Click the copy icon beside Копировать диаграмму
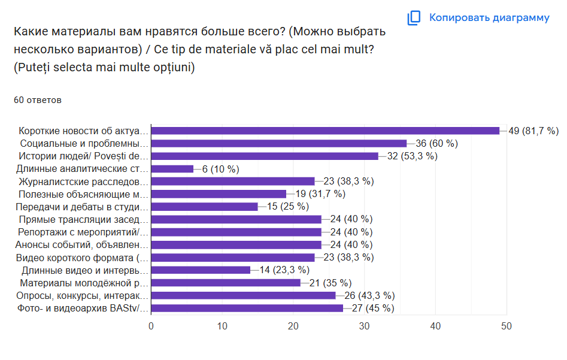[414, 18]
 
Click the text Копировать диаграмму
[489, 18]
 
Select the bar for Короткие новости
[325, 131]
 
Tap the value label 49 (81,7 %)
[533, 131]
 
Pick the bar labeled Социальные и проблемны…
[278, 143]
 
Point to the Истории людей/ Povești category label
[83, 156]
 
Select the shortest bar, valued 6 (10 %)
[172, 169]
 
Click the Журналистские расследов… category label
[83, 181]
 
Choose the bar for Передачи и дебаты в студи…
[204, 207]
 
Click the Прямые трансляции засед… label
[83, 219]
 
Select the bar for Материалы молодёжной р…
[225, 283]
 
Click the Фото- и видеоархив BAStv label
[83, 308]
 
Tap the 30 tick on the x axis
[364, 326]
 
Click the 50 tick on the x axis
[506, 326]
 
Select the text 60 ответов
[37, 100]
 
